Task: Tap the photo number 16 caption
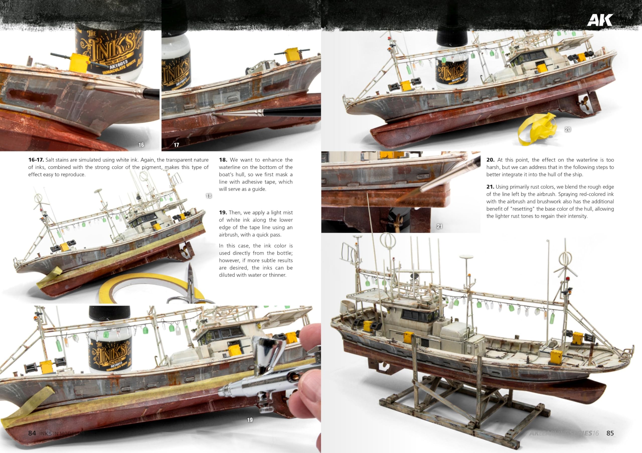coord(141,145)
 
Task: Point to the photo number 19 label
coord(250,420)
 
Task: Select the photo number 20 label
coord(567,129)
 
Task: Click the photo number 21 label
coord(439,226)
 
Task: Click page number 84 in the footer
coord(32,433)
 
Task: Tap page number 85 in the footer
coord(610,433)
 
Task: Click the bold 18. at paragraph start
coord(223,160)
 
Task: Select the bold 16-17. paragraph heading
coord(36,160)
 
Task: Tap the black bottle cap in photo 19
coord(109,312)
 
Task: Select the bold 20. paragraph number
coord(490,160)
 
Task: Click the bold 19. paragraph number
coord(223,213)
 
